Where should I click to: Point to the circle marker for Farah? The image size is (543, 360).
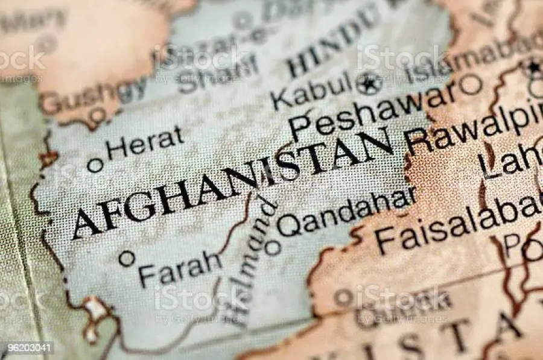click(126, 258)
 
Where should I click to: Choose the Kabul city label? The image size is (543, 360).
click(311, 90)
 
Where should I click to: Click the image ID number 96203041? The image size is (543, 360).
click(27, 348)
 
